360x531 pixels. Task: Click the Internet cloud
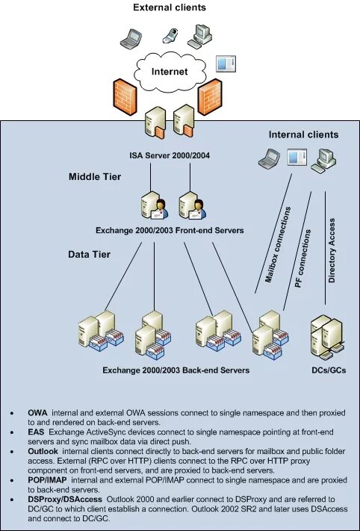pos(169,72)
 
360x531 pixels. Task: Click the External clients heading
pos(170,7)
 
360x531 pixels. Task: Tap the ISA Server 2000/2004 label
pos(170,155)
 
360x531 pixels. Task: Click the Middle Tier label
pos(95,177)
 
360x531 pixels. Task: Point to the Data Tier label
pos(89,255)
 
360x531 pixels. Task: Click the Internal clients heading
pos(303,135)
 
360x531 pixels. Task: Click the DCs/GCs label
pos(327,370)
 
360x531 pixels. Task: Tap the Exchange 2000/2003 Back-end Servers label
pos(176,370)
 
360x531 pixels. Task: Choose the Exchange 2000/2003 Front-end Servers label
pos(170,231)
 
